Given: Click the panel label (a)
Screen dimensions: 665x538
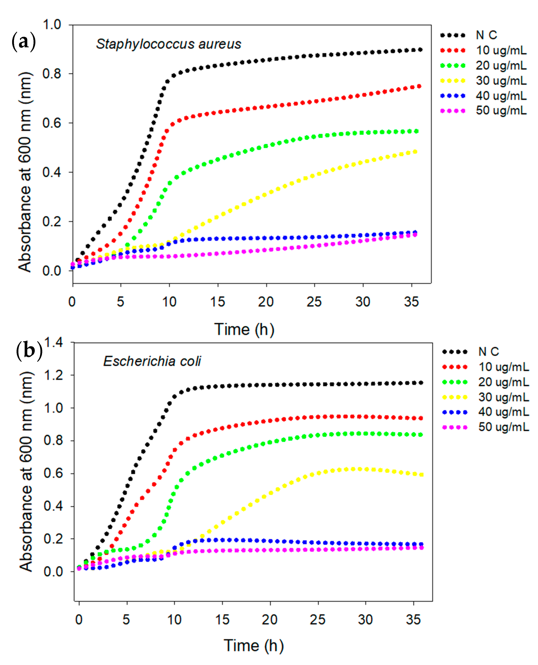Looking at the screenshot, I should click(24, 42).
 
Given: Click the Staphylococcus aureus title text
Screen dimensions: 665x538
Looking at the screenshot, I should click(168, 44).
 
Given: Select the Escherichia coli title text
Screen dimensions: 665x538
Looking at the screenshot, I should click(152, 361).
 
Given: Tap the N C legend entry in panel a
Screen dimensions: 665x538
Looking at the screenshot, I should click(486, 35).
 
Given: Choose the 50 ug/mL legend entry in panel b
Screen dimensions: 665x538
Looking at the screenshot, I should click(503, 427).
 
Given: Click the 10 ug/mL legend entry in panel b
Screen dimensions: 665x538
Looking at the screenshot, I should click(503, 367).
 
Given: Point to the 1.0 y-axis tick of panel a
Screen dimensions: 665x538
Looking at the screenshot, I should click(52, 24).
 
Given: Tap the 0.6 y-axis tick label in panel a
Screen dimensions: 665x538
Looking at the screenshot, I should click(52, 123).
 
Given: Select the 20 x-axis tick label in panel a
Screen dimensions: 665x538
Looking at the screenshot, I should click(266, 302).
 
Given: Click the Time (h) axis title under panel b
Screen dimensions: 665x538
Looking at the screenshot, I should click(253, 646).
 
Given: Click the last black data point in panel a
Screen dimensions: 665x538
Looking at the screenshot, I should click(420, 50).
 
